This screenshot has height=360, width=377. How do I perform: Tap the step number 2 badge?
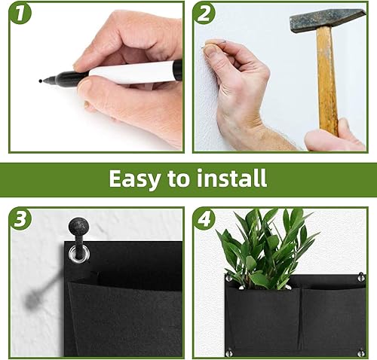(204, 14)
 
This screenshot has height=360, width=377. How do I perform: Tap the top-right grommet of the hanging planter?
(361, 277)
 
